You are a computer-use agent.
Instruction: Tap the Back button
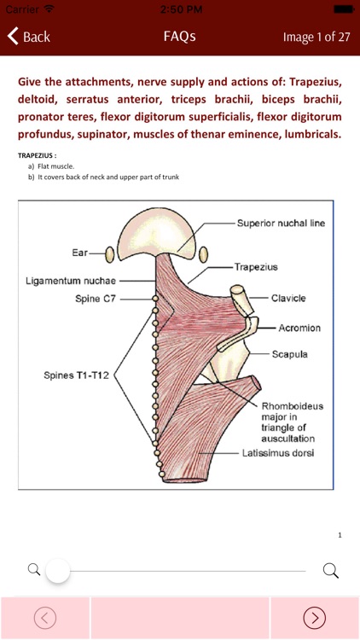tap(29, 37)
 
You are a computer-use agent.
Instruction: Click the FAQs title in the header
tap(180, 37)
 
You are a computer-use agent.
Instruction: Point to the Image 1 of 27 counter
tap(316, 38)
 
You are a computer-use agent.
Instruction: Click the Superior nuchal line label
tap(282, 223)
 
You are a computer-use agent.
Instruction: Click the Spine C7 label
tap(96, 299)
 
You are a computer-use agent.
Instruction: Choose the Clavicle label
tap(288, 299)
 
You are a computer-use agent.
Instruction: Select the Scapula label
tap(290, 353)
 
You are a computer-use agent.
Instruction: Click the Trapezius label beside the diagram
tap(257, 266)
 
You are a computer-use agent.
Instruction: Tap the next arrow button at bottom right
tap(315, 618)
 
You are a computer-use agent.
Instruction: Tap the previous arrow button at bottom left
tap(45, 618)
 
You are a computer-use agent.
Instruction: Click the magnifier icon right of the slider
tap(331, 570)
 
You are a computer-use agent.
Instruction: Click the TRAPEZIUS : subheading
tap(36, 155)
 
